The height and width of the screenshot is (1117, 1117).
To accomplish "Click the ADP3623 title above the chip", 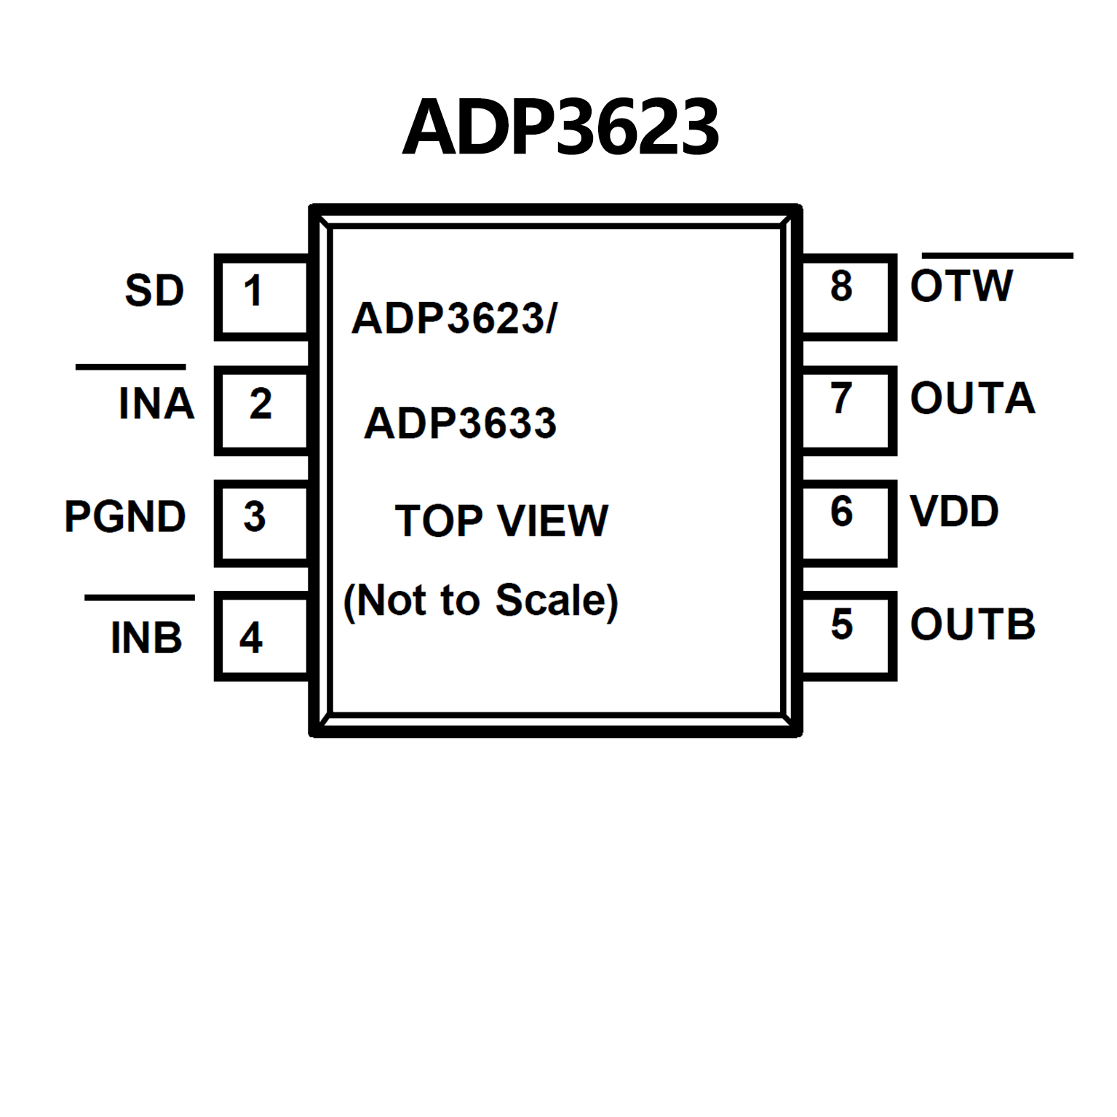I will click(560, 128).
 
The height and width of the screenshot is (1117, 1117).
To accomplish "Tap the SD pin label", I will click(154, 290).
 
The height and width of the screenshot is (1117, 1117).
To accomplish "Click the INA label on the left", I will click(156, 403).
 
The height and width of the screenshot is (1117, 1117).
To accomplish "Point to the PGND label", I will click(125, 517).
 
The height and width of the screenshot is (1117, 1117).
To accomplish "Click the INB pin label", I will click(146, 637).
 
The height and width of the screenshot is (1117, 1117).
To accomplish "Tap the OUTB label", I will click(972, 624).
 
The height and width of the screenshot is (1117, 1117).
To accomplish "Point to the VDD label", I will click(954, 512).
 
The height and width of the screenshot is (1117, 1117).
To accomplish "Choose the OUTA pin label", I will click(972, 398).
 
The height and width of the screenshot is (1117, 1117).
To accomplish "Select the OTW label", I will click(961, 286).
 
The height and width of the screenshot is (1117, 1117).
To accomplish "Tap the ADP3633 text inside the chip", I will click(460, 423).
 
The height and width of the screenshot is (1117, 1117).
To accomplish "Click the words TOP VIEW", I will click(501, 520).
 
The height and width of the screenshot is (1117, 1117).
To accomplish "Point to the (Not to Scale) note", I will click(480, 600).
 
